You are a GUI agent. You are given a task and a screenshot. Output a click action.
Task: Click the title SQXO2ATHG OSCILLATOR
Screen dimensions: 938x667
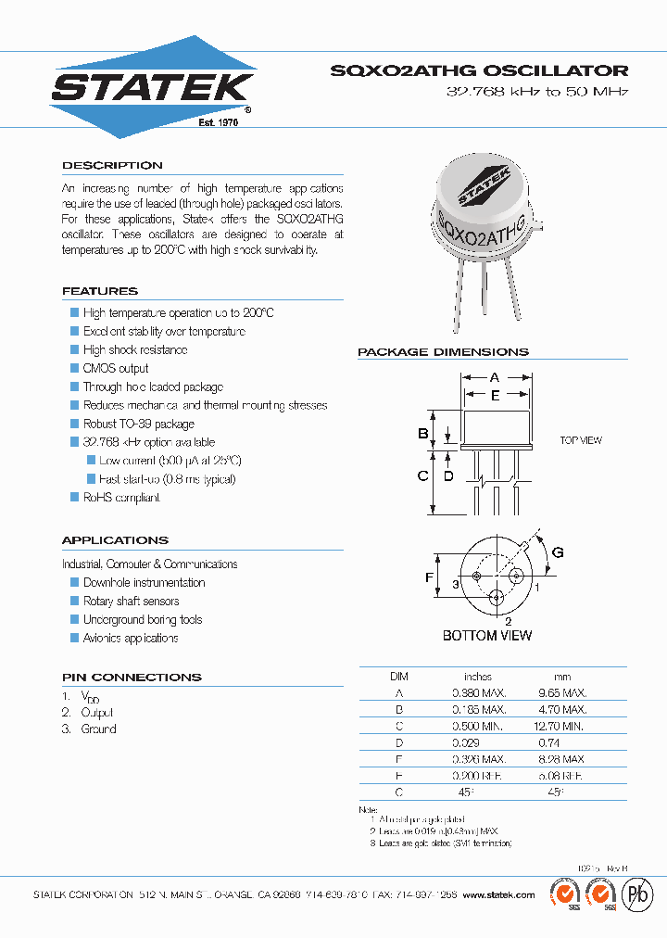click(x=479, y=70)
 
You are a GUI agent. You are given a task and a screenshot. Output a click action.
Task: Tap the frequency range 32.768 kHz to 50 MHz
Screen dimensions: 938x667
click(x=537, y=93)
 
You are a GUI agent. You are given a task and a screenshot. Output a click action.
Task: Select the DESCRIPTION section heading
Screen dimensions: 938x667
click(x=112, y=165)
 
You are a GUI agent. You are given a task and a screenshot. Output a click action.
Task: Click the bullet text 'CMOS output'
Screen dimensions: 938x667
click(x=116, y=368)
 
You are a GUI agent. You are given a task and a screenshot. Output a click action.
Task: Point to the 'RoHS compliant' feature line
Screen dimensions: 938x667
click(x=121, y=498)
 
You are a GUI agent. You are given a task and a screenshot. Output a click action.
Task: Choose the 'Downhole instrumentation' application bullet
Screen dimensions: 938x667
click(x=144, y=582)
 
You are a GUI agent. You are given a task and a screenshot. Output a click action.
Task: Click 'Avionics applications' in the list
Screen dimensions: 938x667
click(x=131, y=638)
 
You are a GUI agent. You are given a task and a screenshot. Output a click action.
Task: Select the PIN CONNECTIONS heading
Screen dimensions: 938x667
click(x=132, y=677)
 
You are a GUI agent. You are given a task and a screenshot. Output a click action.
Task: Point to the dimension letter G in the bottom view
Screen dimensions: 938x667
click(x=557, y=553)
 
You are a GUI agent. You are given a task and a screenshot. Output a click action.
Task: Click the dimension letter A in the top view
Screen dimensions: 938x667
click(x=495, y=377)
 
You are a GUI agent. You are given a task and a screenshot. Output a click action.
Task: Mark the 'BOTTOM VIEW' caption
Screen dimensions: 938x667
click(x=487, y=636)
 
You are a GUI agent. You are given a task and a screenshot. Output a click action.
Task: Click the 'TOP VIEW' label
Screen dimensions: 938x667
click(x=581, y=440)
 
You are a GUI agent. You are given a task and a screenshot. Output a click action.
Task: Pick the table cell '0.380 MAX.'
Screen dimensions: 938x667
click(x=479, y=692)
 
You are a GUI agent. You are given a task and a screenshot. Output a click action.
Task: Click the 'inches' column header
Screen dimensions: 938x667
click(x=478, y=677)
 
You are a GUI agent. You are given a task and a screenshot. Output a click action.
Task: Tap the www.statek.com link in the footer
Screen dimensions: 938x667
click(x=498, y=894)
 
